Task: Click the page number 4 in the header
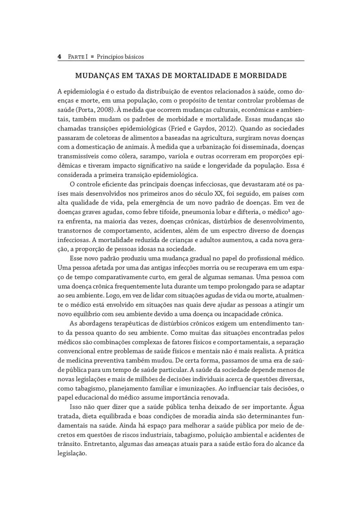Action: [x=60, y=57]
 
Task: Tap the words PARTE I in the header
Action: [x=78, y=57]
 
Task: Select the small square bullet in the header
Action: [x=92, y=57]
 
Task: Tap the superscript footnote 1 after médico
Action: [x=291, y=210]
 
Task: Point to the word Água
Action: [x=297, y=408]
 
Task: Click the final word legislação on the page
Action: [x=72, y=454]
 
